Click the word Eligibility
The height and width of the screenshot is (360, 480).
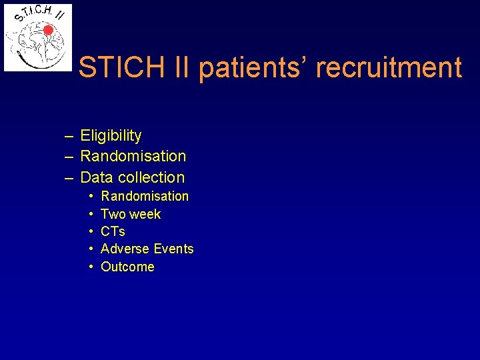pos(111,136)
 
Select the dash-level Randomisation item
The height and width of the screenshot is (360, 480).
pos(133,157)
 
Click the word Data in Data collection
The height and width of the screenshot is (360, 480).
pos(97,177)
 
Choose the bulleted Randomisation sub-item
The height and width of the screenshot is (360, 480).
pos(145,196)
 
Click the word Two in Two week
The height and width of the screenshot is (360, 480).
pos(113,214)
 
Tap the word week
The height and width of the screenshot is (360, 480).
pos(145,214)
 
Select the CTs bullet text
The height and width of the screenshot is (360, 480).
pos(113,231)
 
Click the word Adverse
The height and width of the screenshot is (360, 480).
pos(125,249)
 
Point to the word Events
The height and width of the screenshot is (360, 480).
pos(173,249)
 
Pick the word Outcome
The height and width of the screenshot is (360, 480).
pos(127,267)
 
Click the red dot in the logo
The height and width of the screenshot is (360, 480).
pos(48,30)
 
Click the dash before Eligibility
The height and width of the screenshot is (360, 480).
pos(69,136)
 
